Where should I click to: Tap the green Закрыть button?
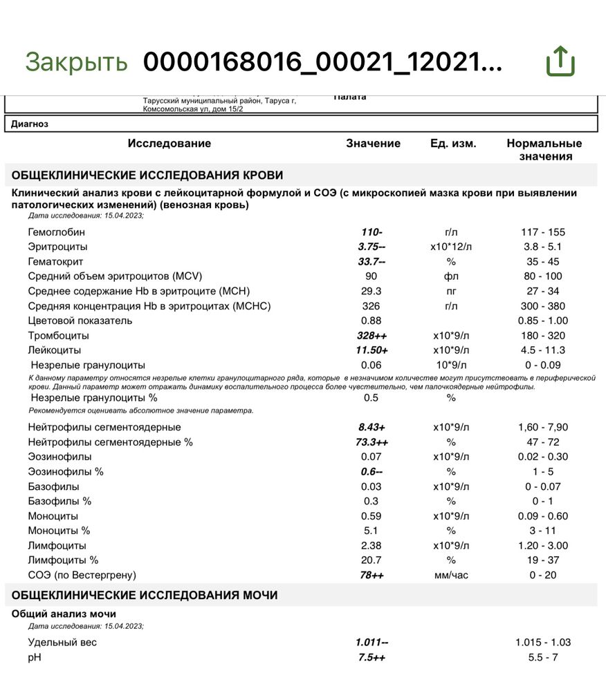76,61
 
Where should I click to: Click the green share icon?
560,61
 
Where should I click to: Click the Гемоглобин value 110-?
372,232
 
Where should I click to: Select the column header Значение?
373,144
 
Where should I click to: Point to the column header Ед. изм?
452,144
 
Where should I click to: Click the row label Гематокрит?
52,262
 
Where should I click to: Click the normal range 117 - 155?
543,232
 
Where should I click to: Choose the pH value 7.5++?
372,657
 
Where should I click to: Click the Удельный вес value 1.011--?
372,643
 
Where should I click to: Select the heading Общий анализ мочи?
64,614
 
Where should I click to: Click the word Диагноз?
30,124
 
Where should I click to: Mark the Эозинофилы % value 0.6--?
372,471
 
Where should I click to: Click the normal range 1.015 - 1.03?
543,643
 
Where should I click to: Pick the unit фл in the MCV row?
452,276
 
